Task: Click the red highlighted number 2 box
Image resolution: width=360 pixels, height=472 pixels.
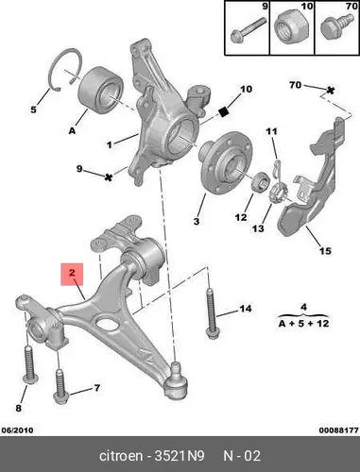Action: click(x=72, y=274)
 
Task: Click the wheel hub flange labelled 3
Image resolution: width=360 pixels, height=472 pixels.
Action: click(x=227, y=163)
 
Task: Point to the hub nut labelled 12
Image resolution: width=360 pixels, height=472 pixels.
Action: click(x=261, y=181)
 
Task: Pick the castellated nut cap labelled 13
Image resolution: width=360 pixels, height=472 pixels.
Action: click(x=279, y=193)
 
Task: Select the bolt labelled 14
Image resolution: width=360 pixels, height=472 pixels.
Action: click(x=212, y=313)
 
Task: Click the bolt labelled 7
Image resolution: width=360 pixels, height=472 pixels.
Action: click(x=60, y=387)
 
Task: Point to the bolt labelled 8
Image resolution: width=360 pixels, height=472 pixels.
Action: click(x=30, y=364)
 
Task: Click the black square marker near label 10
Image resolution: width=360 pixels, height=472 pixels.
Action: click(x=223, y=111)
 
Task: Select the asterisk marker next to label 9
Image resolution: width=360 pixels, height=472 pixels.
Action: click(x=108, y=177)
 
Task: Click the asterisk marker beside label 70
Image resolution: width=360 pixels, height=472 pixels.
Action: click(x=330, y=91)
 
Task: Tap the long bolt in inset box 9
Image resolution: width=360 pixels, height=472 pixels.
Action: click(x=249, y=29)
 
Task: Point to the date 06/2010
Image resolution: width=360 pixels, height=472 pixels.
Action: click(x=18, y=430)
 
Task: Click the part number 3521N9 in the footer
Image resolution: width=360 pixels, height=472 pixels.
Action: click(x=180, y=455)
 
